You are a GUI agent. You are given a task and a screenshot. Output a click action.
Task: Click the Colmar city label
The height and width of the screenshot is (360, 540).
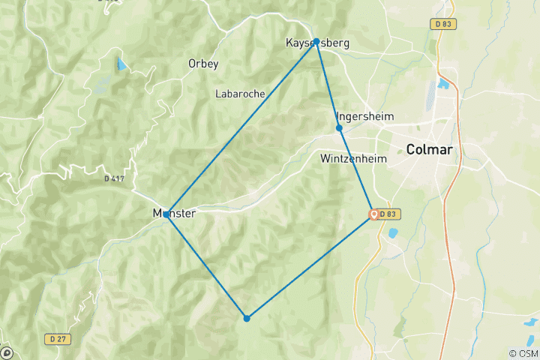click(429, 149)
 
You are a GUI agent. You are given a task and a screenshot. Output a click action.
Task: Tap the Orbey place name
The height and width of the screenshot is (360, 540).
click(203, 64)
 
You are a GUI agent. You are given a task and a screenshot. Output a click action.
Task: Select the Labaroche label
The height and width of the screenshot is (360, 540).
click(240, 94)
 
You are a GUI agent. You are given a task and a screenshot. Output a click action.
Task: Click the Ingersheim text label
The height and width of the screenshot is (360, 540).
click(367, 116)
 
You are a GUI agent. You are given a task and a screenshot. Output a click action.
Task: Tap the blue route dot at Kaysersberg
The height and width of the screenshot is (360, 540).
click(316, 41)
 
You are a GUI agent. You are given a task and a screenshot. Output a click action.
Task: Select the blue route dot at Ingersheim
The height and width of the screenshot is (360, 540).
click(339, 128)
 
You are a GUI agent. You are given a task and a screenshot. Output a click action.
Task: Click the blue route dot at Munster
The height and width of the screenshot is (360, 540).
click(166, 214)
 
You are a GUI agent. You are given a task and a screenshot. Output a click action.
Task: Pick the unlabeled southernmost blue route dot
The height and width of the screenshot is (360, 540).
click(247, 318)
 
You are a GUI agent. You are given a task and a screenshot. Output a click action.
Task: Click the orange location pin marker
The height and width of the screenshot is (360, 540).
click(373, 214)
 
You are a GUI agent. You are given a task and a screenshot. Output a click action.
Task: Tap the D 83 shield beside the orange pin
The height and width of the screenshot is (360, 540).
click(388, 214)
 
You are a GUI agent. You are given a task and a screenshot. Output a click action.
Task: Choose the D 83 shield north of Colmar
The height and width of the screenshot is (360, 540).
click(443, 24)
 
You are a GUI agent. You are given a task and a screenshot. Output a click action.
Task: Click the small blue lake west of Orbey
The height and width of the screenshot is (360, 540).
click(121, 64)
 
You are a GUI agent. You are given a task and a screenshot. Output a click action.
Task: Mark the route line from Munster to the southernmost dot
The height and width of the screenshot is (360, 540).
click(206, 266)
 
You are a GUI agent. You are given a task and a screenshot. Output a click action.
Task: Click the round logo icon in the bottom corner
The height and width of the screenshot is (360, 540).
click(6, 352)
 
